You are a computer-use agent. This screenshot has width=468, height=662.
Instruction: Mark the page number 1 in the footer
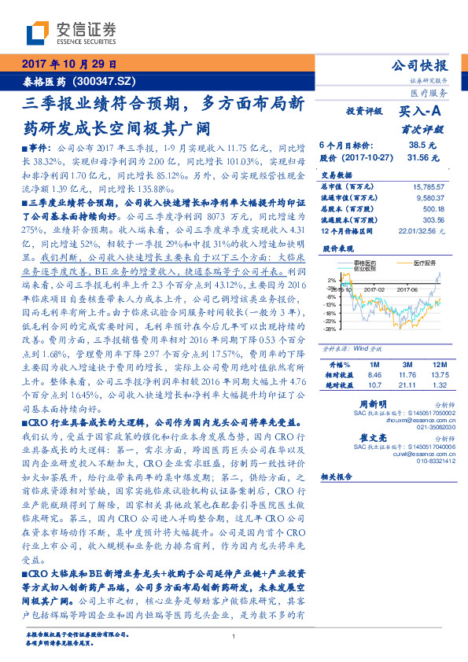(234, 638)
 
